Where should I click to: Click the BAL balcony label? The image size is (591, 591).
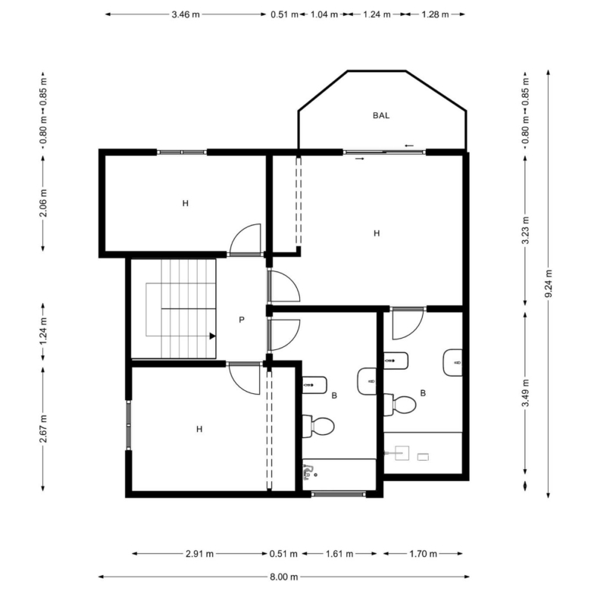[380, 115]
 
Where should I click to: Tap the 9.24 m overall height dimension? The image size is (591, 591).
[549, 283]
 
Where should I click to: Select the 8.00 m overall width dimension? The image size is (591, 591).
[284, 577]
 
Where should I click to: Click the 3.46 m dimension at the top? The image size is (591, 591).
[186, 14]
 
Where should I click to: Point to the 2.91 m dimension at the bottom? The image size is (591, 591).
[199, 554]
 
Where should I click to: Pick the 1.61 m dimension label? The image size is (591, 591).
[339, 554]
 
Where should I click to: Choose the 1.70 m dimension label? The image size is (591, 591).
[423, 554]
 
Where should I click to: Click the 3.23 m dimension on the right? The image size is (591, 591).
[525, 230]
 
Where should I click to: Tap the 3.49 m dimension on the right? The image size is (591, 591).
[525, 392]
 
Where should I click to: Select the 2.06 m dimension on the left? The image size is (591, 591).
[43, 203]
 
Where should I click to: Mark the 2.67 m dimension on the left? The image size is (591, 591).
[43, 429]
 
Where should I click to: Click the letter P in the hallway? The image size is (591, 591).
[242, 320]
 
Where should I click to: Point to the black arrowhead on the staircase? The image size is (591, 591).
[213, 336]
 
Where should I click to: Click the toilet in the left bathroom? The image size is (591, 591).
[318, 427]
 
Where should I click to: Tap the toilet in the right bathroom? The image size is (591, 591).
[399, 405]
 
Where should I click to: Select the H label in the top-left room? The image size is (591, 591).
[185, 204]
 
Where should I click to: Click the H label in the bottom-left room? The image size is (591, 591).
[199, 430]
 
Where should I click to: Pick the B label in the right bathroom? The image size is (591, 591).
[423, 393]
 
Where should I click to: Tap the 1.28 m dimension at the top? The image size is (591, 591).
[435, 14]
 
